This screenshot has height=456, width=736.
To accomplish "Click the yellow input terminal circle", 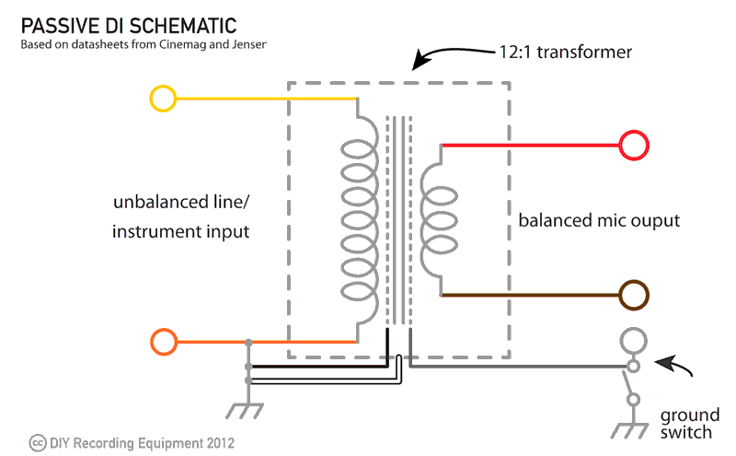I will [162, 99].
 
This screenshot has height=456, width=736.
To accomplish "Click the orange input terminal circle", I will [163, 343].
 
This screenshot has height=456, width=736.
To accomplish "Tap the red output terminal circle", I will [634, 146].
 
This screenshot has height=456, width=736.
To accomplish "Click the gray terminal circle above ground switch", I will [632, 342].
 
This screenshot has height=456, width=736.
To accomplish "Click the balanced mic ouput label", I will [599, 221].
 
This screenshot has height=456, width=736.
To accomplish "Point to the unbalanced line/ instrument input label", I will [181, 217].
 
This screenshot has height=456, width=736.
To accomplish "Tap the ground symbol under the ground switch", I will [632, 430].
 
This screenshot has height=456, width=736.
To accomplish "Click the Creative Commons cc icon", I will [37, 442].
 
